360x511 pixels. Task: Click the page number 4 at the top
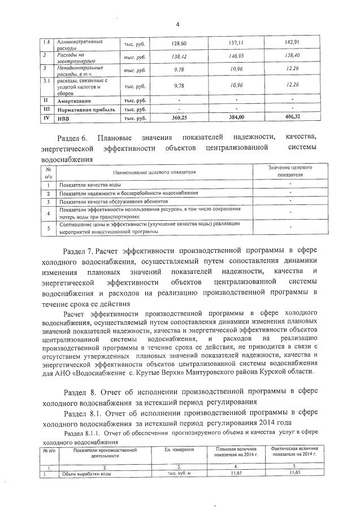pos(177,24)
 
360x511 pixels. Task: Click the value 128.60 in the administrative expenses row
pos(179,43)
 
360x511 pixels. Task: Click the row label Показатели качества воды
pos(90,185)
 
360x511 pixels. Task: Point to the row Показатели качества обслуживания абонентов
pos(114,202)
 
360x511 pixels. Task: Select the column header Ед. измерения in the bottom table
pos(179,449)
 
